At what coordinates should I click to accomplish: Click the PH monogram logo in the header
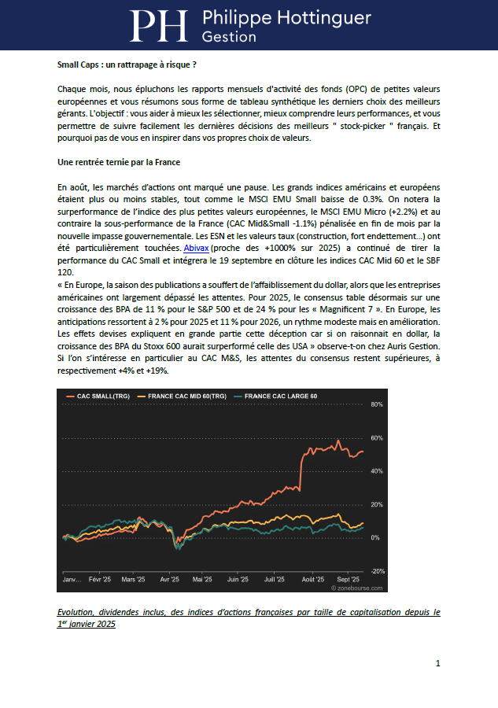(x=158, y=26)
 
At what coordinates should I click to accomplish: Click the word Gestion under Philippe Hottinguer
(x=229, y=37)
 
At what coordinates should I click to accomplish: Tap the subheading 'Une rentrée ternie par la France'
(x=120, y=162)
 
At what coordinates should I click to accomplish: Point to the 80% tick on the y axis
(x=376, y=404)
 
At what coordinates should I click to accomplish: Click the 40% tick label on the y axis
(x=376, y=471)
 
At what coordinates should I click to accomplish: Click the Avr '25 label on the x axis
(x=169, y=578)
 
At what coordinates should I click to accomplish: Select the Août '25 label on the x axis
(x=313, y=578)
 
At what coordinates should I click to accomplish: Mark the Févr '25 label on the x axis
(x=100, y=578)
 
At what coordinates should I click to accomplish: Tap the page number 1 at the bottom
(x=437, y=664)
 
